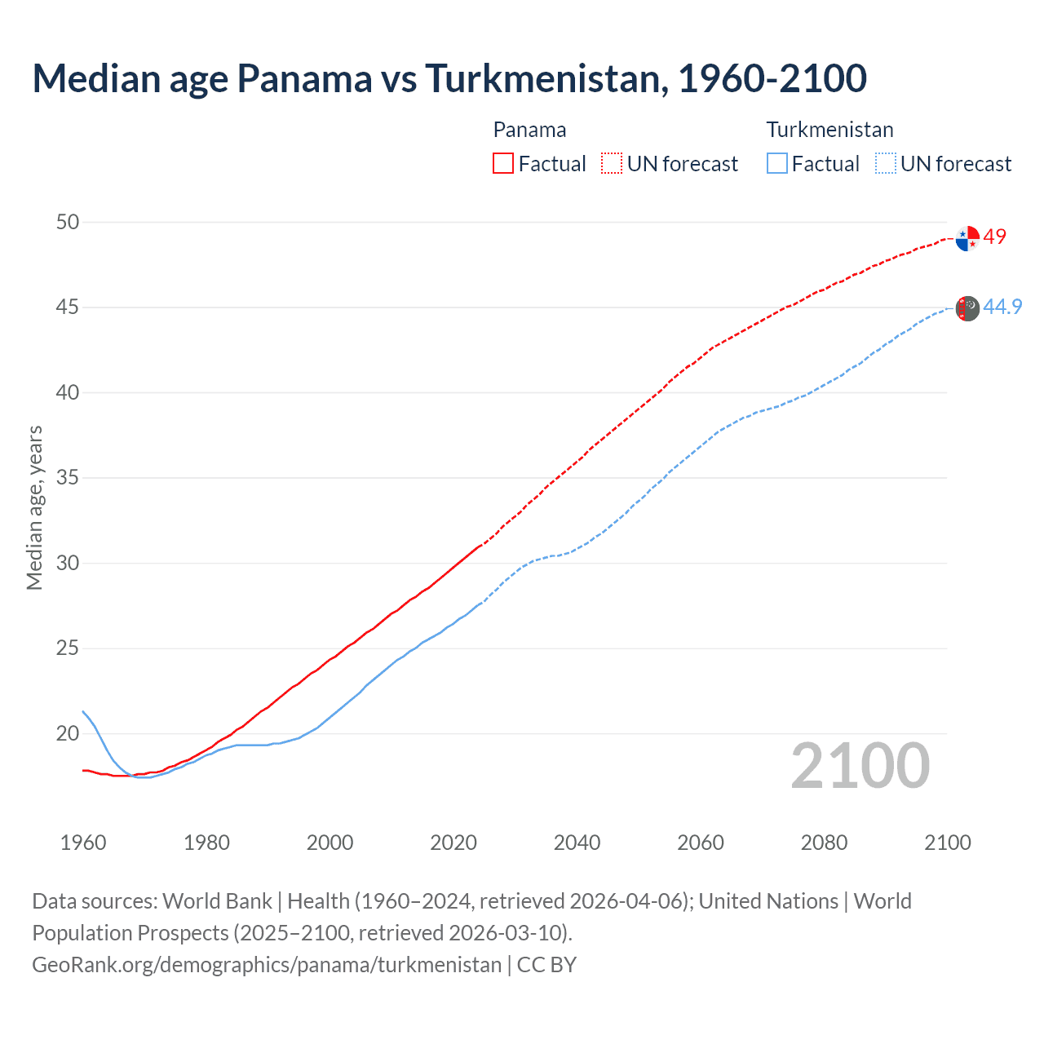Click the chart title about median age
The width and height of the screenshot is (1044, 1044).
click(x=449, y=78)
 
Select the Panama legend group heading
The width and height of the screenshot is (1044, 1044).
click(x=529, y=130)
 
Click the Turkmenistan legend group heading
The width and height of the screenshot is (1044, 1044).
click(x=829, y=130)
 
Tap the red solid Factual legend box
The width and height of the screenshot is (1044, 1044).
click(x=503, y=164)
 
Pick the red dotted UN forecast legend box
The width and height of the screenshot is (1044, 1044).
click(x=612, y=164)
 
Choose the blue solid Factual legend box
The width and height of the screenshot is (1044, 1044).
click(x=777, y=164)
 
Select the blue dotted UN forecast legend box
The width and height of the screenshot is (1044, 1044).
click(x=886, y=164)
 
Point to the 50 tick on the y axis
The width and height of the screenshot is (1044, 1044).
click(x=68, y=222)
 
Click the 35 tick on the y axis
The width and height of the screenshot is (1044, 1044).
click(x=68, y=478)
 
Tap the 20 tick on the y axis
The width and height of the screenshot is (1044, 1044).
click(x=68, y=733)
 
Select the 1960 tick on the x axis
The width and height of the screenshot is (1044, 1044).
click(x=83, y=843)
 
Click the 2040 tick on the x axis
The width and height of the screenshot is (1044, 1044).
click(x=577, y=843)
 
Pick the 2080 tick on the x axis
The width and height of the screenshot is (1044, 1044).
click(x=824, y=843)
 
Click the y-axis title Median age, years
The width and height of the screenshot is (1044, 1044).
click(x=34, y=507)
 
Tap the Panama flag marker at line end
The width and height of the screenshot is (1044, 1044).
click(x=967, y=239)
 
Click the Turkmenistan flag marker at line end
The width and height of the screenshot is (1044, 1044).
click(x=967, y=308)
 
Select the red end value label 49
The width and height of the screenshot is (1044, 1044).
click(x=995, y=237)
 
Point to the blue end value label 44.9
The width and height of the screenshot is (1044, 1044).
click(x=1002, y=307)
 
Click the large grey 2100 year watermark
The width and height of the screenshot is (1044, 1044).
click(x=860, y=765)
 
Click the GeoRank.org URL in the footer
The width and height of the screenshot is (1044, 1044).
click(x=267, y=964)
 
